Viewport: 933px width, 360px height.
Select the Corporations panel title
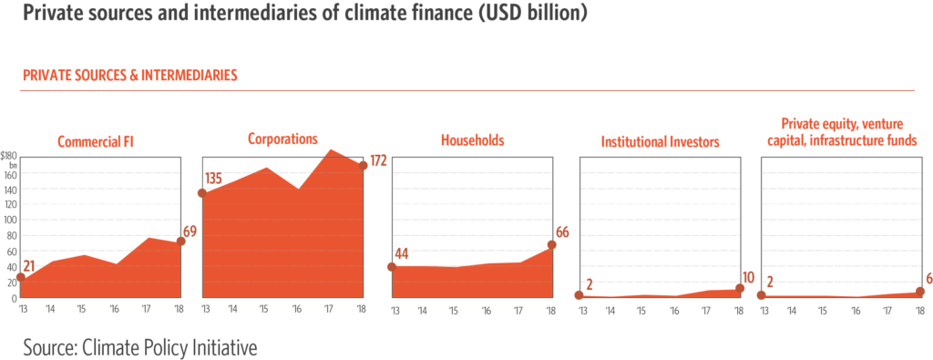tap(282, 139)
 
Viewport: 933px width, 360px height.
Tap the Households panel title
tap(472, 141)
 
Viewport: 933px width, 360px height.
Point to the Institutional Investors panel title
tap(661, 142)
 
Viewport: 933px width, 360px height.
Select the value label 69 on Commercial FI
tap(190, 231)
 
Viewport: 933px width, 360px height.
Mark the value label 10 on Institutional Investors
tap(750, 276)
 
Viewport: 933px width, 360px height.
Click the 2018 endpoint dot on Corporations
tap(364, 166)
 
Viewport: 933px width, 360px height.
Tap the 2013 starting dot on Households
tap(392, 267)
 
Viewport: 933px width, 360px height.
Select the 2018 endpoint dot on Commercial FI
tap(180, 242)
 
